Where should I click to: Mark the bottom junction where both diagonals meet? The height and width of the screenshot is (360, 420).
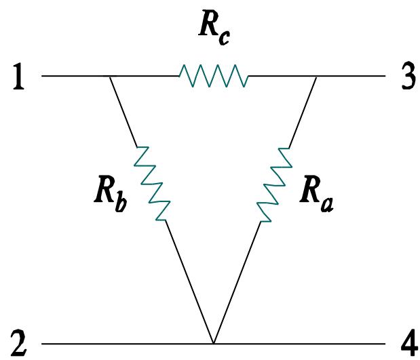(x=213, y=342)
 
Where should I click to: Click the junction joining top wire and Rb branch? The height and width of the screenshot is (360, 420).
(x=111, y=77)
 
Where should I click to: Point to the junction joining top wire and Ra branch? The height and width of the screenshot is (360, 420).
(x=316, y=77)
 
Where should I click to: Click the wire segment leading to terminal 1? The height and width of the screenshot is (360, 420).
(x=75, y=77)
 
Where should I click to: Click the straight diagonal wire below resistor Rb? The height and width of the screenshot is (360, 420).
(x=189, y=281)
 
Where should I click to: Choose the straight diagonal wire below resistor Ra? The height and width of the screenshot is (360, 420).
(x=237, y=281)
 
